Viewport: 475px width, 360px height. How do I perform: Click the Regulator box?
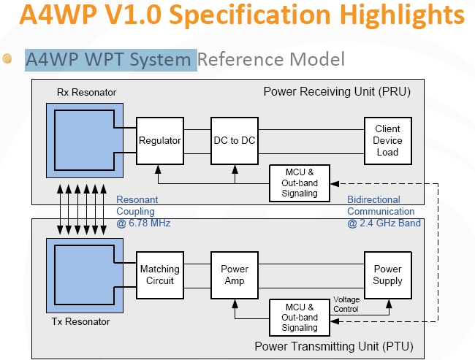coord(160,139)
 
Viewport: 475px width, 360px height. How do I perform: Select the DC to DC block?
coord(235,139)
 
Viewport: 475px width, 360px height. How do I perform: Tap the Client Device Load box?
coord(387,139)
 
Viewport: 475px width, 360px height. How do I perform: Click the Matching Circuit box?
coord(160,275)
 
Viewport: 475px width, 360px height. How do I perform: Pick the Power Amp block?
coord(235,275)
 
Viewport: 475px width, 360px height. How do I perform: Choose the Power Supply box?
coord(387,275)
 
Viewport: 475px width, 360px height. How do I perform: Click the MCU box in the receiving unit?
coord(299,182)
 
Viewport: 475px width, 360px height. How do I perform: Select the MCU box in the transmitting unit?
coord(299,318)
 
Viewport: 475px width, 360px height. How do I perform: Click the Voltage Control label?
coord(346,304)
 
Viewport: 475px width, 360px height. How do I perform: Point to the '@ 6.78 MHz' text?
coord(143,223)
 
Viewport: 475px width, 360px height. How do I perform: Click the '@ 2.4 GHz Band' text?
coord(384,223)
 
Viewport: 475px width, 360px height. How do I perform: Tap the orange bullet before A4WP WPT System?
coord(8,58)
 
